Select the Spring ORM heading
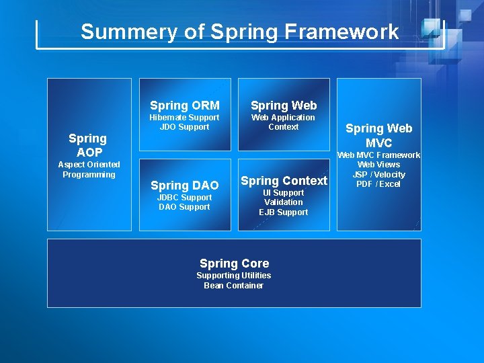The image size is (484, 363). click(184, 105)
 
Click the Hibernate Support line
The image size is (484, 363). click(184, 118)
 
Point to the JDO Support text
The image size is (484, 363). click(184, 127)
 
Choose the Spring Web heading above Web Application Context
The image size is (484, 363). click(283, 105)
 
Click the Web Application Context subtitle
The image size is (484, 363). click(283, 122)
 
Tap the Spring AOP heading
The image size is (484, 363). click(88, 145)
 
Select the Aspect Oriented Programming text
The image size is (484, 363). click(89, 169)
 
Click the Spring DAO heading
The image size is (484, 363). click(184, 185)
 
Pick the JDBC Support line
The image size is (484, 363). click(184, 198)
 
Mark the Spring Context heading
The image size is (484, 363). click(284, 180)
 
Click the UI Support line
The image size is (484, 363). click(284, 193)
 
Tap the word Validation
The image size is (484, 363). click(284, 202)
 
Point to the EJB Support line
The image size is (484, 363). click(284, 212)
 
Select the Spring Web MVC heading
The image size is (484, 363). click(378, 135)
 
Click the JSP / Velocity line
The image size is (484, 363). click(378, 175)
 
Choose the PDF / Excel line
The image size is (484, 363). click(378, 184)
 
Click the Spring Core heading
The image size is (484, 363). click(234, 264)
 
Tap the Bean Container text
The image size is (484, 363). click(234, 286)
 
